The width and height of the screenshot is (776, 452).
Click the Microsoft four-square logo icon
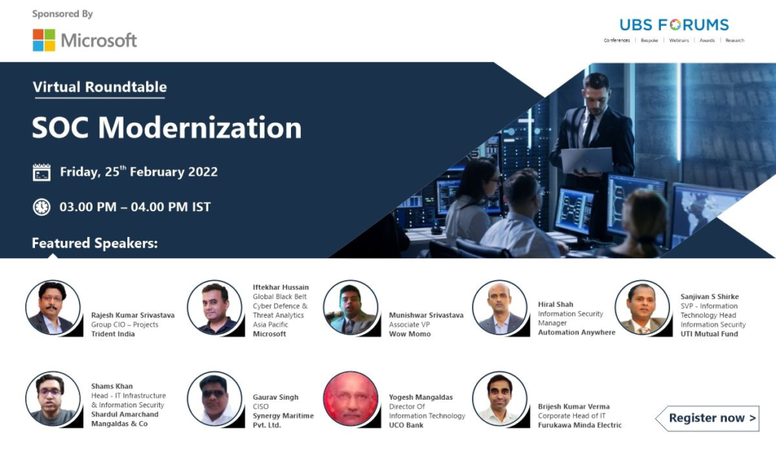click(x=44, y=40)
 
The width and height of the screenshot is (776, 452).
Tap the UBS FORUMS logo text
click(x=674, y=25)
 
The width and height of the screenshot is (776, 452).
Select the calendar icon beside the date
click(x=42, y=172)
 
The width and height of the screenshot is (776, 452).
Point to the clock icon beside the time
click(x=42, y=207)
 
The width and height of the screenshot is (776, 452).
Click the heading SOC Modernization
click(x=167, y=128)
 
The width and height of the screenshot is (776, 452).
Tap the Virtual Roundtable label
click(x=99, y=87)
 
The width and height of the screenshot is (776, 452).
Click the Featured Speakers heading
click(x=95, y=243)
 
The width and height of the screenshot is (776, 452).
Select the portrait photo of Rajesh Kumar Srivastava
click(x=53, y=307)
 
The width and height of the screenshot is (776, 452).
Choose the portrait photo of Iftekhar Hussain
click(x=214, y=307)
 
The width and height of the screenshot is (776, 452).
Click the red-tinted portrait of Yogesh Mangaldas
click(x=350, y=398)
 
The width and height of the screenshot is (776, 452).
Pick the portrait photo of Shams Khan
click(x=53, y=398)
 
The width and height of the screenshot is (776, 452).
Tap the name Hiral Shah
click(x=555, y=304)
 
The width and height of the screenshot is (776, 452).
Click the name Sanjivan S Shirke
click(x=709, y=297)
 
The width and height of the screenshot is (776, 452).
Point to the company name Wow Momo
click(x=410, y=334)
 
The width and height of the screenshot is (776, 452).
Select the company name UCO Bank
click(x=406, y=425)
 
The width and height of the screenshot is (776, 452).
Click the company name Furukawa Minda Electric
click(x=580, y=425)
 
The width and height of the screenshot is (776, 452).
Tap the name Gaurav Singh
click(x=276, y=397)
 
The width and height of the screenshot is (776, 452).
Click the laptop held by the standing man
click(x=587, y=161)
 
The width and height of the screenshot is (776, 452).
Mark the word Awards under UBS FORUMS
click(x=707, y=41)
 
